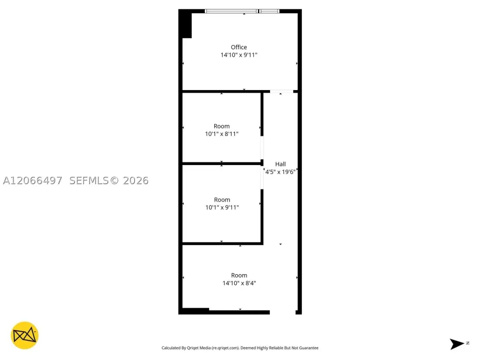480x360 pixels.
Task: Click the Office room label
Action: coord(239,47)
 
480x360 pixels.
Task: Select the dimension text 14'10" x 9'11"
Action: coord(239,55)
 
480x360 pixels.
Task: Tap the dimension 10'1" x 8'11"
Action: coord(222,134)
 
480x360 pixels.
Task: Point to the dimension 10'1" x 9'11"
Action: coord(222,207)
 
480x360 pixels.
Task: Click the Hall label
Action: coord(280,164)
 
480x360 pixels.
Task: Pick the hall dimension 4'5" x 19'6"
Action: coord(280,172)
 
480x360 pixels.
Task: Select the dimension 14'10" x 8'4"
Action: coord(239,283)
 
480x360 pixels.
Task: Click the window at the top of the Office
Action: coord(242,11)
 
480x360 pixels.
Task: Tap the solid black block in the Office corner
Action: coord(185,24)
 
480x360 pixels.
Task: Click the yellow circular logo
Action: coord(24,336)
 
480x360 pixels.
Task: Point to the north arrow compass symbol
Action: coord(457,344)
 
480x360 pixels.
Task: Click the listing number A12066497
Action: coord(32,180)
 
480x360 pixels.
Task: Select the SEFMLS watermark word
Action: coord(89,180)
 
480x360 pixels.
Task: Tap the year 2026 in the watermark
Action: coord(135,180)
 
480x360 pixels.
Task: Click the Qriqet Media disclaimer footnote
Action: coord(240,348)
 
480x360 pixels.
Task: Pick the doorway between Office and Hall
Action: coord(282,91)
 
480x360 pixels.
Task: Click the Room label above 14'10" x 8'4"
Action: coord(239,276)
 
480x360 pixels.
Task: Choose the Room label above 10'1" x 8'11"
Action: coord(222,126)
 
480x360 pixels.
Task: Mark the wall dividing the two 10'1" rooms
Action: coord(222,164)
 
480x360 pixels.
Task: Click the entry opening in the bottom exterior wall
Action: coord(283,312)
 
